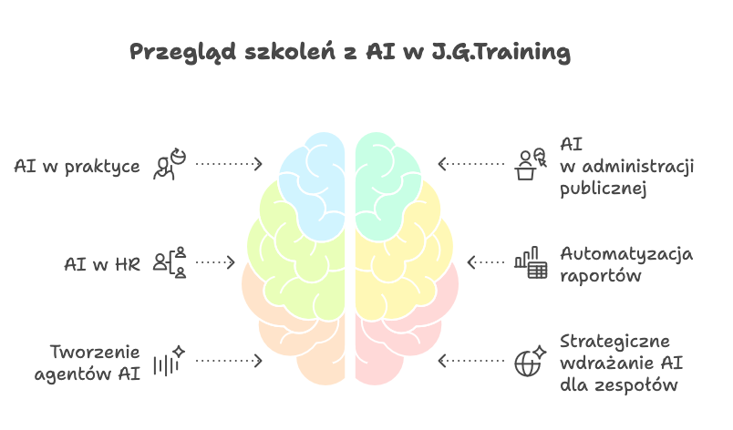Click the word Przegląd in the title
click(x=182, y=52)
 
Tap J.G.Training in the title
click(x=501, y=52)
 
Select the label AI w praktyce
click(x=77, y=167)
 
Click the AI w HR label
click(x=102, y=264)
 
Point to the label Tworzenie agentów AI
click(x=88, y=363)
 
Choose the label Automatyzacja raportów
click(x=626, y=264)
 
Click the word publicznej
click(x=603, y=189)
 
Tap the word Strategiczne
click(x=614, y=342)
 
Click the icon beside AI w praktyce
click(x=170, y=164)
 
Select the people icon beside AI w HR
click(x=170, y=262)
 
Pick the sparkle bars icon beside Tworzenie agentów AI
click(x=170, y=361)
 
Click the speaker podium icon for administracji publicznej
click(x=531, y=164)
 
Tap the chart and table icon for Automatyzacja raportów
click(x=531, y=262)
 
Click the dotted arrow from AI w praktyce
click(x=229, y=164)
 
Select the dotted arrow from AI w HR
click(x=215, y=262)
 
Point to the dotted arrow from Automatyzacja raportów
click(x=486, y=262)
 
